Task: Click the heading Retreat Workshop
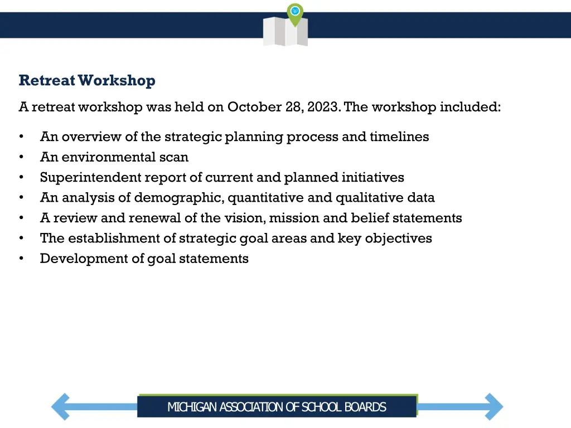87,81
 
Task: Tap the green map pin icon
295,13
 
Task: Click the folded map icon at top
285,32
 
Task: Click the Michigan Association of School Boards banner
277,407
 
